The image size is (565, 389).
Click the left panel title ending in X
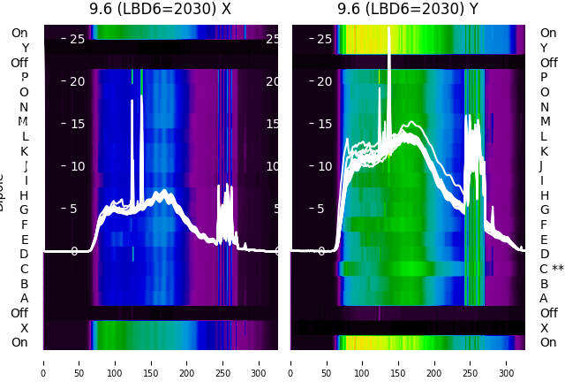(160, 10)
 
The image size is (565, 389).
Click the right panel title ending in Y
(408, 10)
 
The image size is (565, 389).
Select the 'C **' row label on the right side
(552, 270)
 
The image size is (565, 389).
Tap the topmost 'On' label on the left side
(19, 34)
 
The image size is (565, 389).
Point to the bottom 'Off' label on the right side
(548, 313)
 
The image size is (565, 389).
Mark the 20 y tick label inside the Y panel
(324, 81)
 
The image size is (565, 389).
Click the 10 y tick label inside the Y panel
(324, 166)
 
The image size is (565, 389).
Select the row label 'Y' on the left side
(25, 49)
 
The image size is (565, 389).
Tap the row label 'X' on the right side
(544, 328)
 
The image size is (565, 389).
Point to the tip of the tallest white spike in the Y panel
(389, 28)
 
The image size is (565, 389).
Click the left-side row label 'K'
(25, 151)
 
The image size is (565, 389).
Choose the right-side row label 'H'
(544, 195)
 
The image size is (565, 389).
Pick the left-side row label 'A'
(25, 299)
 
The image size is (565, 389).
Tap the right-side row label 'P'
(544, 78)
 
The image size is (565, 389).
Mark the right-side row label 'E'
(544, 240)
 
